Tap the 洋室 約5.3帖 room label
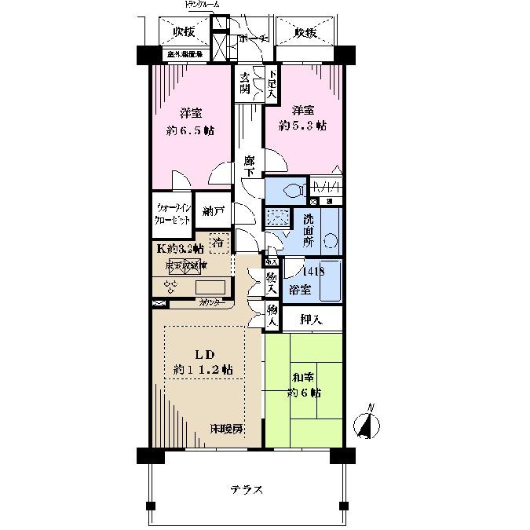pos(303,117)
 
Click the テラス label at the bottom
pos(247,489)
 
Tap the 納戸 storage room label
pos(212,210)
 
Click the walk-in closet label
pos(173,213)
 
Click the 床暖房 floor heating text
pos(225,429)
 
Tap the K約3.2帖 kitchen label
pos(181,248)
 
